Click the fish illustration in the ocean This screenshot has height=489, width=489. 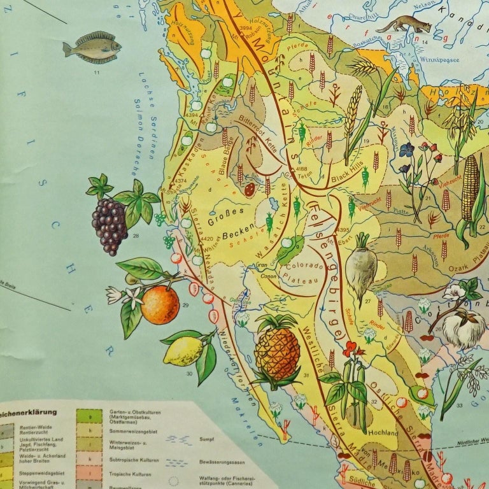click(92, 48)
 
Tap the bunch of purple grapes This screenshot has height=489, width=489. click(110, 225)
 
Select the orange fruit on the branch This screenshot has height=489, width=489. click(160, 305)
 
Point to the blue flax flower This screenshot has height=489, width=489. click(406, 151)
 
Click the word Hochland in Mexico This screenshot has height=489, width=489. click(383, 433)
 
